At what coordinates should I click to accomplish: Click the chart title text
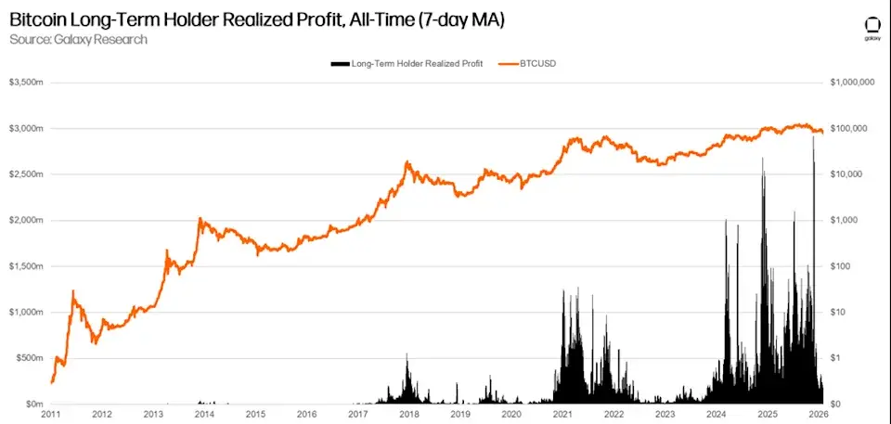[256, 19]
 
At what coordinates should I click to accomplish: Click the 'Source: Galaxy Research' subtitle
[78, 39]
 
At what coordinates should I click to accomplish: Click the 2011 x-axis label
[52, 415]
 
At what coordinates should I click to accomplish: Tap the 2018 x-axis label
[408, 415]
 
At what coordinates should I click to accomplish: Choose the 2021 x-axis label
[562, 415]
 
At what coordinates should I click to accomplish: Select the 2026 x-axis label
[817, 415]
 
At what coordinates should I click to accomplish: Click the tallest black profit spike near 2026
[813, 139]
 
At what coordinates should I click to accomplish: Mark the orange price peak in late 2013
[200, 221]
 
